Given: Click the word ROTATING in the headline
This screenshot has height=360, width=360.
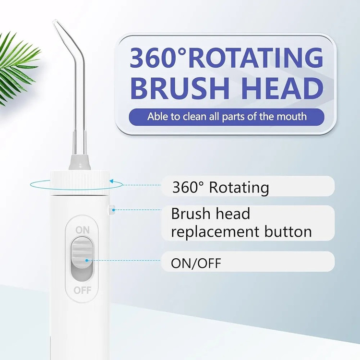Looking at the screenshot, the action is [x=255, y=58].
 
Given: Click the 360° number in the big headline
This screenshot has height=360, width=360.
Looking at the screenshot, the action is [x=157, y=58].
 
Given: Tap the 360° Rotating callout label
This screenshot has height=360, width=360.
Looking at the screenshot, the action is [x=220, y=187].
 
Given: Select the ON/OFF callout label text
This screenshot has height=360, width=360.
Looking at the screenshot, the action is [x=196, y=263].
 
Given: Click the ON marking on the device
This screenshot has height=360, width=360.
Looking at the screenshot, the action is [x=83, y=230].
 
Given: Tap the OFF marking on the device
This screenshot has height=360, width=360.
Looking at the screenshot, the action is [x=83, y=290].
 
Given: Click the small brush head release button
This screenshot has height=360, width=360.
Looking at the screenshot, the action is [x=112, y=209].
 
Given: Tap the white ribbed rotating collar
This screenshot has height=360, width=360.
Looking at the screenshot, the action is [x=80, y=183].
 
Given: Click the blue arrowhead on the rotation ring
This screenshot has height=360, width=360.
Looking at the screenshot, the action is [x=112, y=181].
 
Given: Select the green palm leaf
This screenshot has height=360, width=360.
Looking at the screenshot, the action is [x=17, y=68].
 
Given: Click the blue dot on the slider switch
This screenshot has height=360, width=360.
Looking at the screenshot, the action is [x=86, y=260].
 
